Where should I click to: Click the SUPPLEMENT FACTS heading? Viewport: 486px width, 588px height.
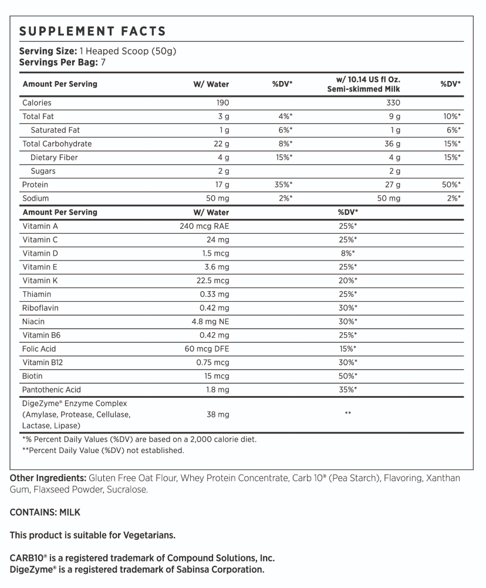[x=93, y=32]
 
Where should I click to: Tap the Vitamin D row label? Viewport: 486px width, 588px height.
[x=40, y=253]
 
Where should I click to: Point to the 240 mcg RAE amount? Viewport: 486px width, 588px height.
[x=204, y=226]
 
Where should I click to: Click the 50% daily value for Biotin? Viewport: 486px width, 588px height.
[x=348, y=376]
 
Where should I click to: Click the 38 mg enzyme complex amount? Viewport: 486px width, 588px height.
[x=218, y=414]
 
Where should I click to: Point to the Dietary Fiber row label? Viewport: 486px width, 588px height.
[x=54, y=157]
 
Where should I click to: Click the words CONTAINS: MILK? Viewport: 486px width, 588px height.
[x=45, y=512]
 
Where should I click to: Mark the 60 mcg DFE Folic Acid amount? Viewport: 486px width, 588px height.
[x=207, y=349]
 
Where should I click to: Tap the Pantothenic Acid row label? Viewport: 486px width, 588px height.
[x=52, y=390]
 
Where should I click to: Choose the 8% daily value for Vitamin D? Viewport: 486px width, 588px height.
[x=348, y=253]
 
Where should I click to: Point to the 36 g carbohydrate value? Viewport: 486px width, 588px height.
[x=392, y=144]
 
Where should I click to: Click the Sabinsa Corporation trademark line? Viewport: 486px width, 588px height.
[x=137, y=570]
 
